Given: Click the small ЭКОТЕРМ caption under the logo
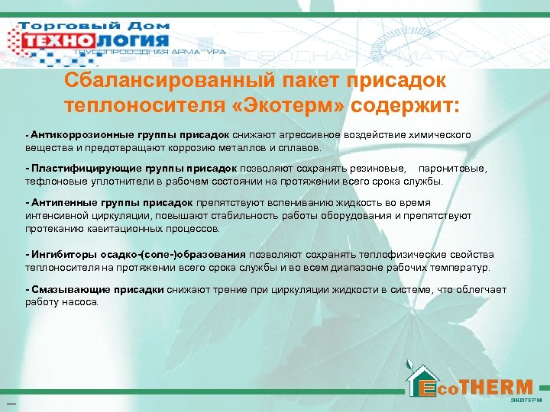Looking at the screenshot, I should (526, 399).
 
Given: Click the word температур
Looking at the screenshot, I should (462, 267).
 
